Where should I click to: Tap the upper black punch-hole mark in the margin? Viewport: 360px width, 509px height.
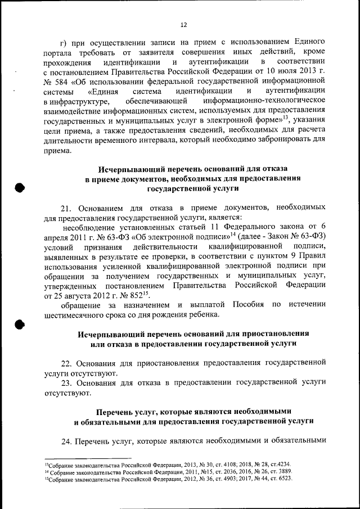point(19,188)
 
